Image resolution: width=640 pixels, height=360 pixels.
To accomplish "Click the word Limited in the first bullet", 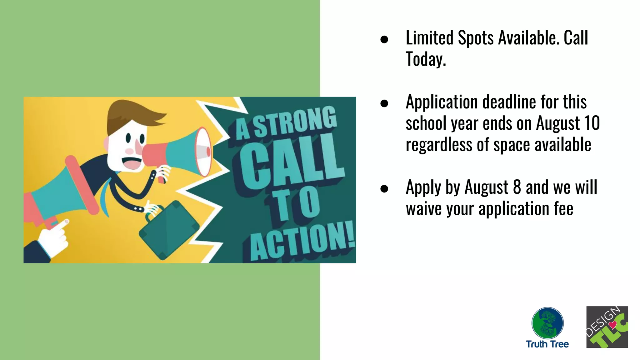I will pyautogui.click(x=429, y=38).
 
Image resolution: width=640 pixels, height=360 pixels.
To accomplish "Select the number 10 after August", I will pyautogui.click(x=591, y=123).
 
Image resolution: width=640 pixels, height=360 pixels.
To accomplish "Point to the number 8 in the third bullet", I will pyautogui.click(x=517, y=187).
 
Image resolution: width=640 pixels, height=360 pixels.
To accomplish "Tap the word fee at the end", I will pyautogui.click(x=563, y=208).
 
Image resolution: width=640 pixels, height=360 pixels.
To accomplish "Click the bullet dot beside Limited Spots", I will pyautogui.click(x=384, y=39).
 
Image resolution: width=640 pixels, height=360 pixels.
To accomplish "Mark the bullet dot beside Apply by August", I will pyautogui.click(x=384, y=189).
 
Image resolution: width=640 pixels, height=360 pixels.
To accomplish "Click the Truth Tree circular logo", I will pyautogui.click(x=547, y=323).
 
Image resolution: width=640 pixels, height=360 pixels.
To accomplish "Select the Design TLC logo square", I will pyautogui.click(x=607, y=327).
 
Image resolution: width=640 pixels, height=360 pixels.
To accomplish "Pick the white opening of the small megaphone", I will pyautogui.click(x=203, y=152).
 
